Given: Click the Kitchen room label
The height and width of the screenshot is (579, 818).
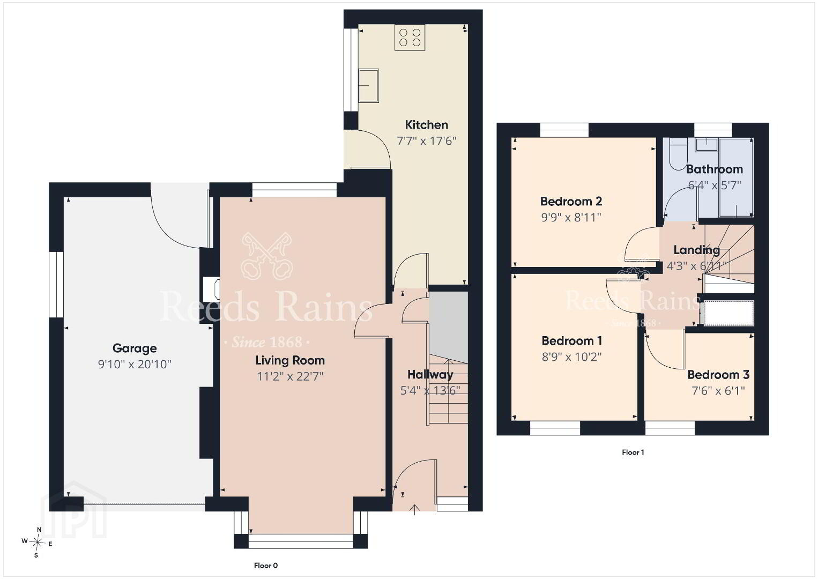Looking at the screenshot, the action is click(426, 125).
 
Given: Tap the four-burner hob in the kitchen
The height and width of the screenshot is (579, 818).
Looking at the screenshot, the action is click(410, 38).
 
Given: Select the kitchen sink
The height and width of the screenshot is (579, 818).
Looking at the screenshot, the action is click(368, 85).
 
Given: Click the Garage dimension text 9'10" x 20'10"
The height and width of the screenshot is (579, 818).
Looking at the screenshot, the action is click(135, 364).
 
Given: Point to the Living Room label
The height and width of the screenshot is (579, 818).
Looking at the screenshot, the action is click(290, 361).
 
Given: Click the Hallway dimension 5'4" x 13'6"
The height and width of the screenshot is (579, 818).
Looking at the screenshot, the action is click(430, 390).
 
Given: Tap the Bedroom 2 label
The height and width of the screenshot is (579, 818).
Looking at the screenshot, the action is click(571, 201).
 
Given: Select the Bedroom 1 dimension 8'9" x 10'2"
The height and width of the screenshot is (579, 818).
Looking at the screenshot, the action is click(571, 357).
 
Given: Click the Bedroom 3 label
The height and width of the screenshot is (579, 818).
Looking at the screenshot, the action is click(718, 375).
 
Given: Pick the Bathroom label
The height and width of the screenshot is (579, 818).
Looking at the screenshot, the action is click(715, 169).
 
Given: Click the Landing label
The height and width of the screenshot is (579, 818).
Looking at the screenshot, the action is click(696, 250).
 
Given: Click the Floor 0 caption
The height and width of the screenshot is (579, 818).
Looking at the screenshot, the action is click(266, 566).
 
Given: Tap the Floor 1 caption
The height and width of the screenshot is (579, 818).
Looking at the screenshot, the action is click(633, 452).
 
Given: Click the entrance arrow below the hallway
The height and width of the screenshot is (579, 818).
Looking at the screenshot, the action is click(414, 510).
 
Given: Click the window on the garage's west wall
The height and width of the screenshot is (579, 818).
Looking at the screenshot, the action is click(57, 285).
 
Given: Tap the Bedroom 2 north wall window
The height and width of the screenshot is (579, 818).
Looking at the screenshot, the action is click(564, 130).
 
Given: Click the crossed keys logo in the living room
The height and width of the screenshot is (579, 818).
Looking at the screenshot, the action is click(266, 256).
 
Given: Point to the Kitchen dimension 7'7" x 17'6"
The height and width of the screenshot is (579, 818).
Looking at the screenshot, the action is click(427, 140).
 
